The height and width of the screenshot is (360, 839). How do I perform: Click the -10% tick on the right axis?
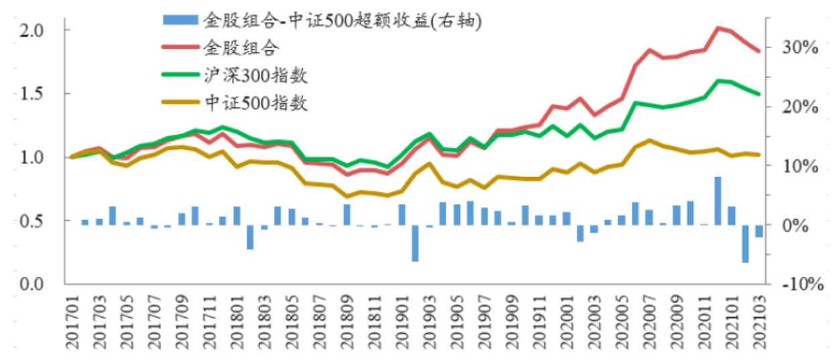tap(798, 284)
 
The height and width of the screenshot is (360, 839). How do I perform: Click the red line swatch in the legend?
tap(180, 48)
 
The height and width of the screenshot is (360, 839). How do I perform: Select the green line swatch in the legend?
tap(180, 75)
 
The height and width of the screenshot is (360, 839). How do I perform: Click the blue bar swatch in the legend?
tap(180, 21)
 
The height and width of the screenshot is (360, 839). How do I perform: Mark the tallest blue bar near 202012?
tap(718, 200)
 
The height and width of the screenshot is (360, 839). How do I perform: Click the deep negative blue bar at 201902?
tap(415, 243)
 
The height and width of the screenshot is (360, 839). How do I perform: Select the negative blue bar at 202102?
tap(745, 243)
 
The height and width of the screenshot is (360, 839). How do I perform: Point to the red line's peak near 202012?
tap(718, 28)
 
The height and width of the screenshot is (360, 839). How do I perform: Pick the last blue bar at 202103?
tap(759, 231)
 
